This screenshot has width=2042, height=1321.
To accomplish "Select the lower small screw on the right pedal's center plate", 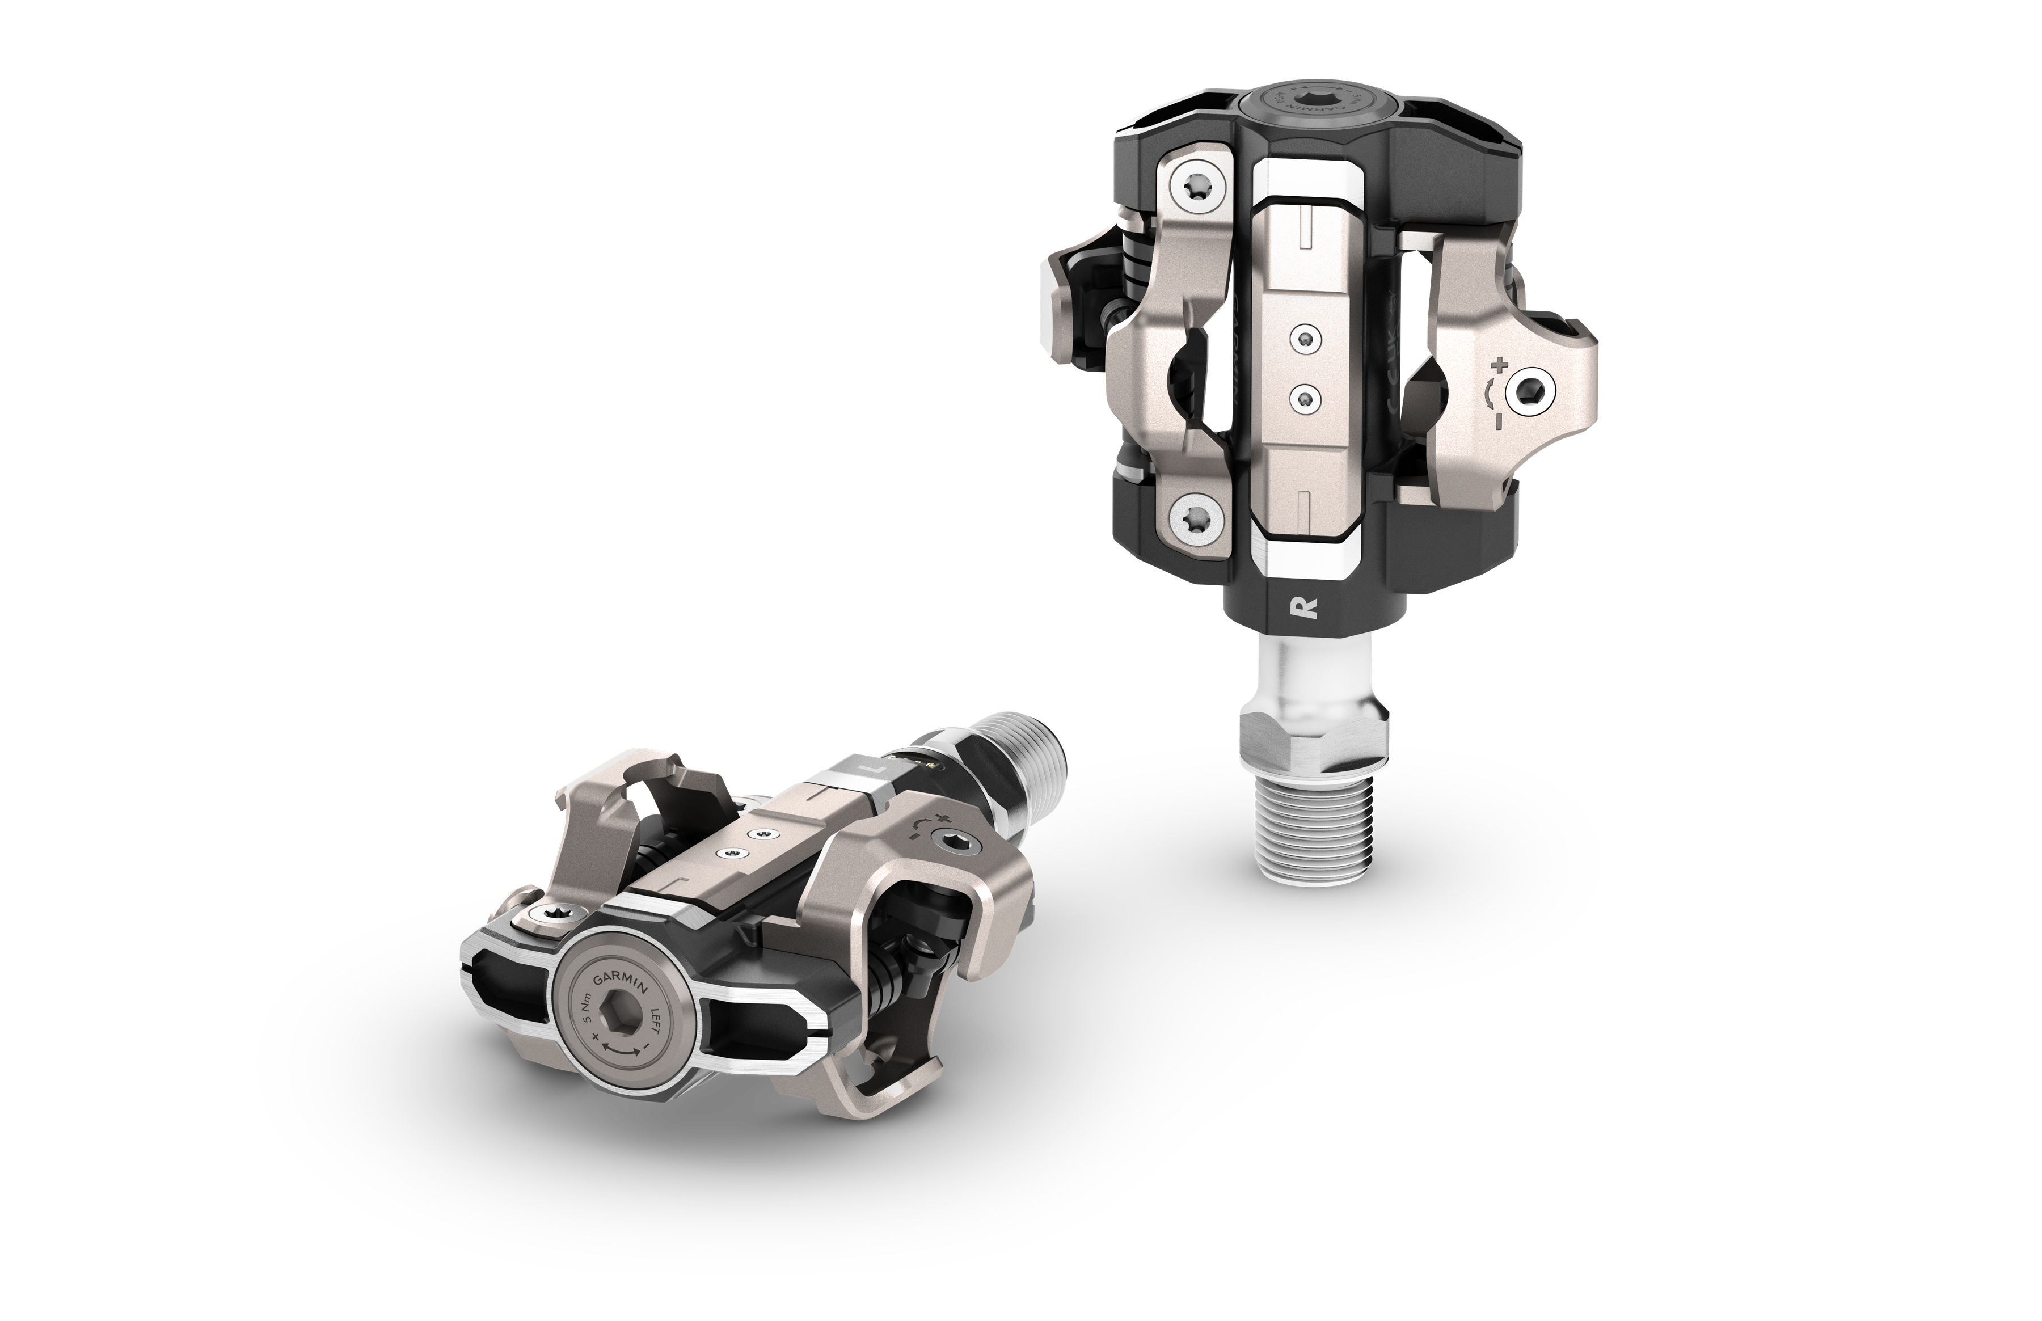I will (x=1305, y=395).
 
